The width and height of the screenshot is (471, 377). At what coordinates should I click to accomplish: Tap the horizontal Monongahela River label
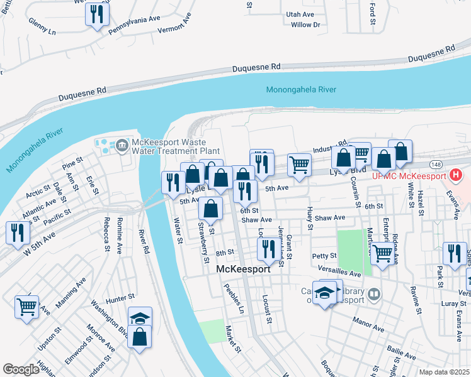(x=301, y=90)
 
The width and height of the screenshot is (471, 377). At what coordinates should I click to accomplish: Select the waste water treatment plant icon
(x=121, y=146)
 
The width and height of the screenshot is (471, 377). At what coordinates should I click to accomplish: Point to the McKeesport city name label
(x=243, y=269)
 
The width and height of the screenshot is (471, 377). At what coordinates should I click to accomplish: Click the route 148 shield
(x=436, y=163)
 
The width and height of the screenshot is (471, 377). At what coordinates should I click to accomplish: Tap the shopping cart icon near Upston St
(x=26, y=307)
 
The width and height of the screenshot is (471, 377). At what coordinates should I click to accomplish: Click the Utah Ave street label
(x=300, y=14)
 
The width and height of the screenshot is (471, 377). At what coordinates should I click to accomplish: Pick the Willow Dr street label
(x=306, y=25)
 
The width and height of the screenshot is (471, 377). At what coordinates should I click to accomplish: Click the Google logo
(x=21, y=369)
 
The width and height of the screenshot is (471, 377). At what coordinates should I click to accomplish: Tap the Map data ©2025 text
(x=443, y=372)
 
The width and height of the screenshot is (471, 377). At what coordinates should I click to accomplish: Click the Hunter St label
(x=121, y=296)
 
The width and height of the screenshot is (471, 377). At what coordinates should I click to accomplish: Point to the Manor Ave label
(x=368, y=328)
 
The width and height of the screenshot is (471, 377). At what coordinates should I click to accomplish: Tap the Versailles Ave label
(x=346, y=274)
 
